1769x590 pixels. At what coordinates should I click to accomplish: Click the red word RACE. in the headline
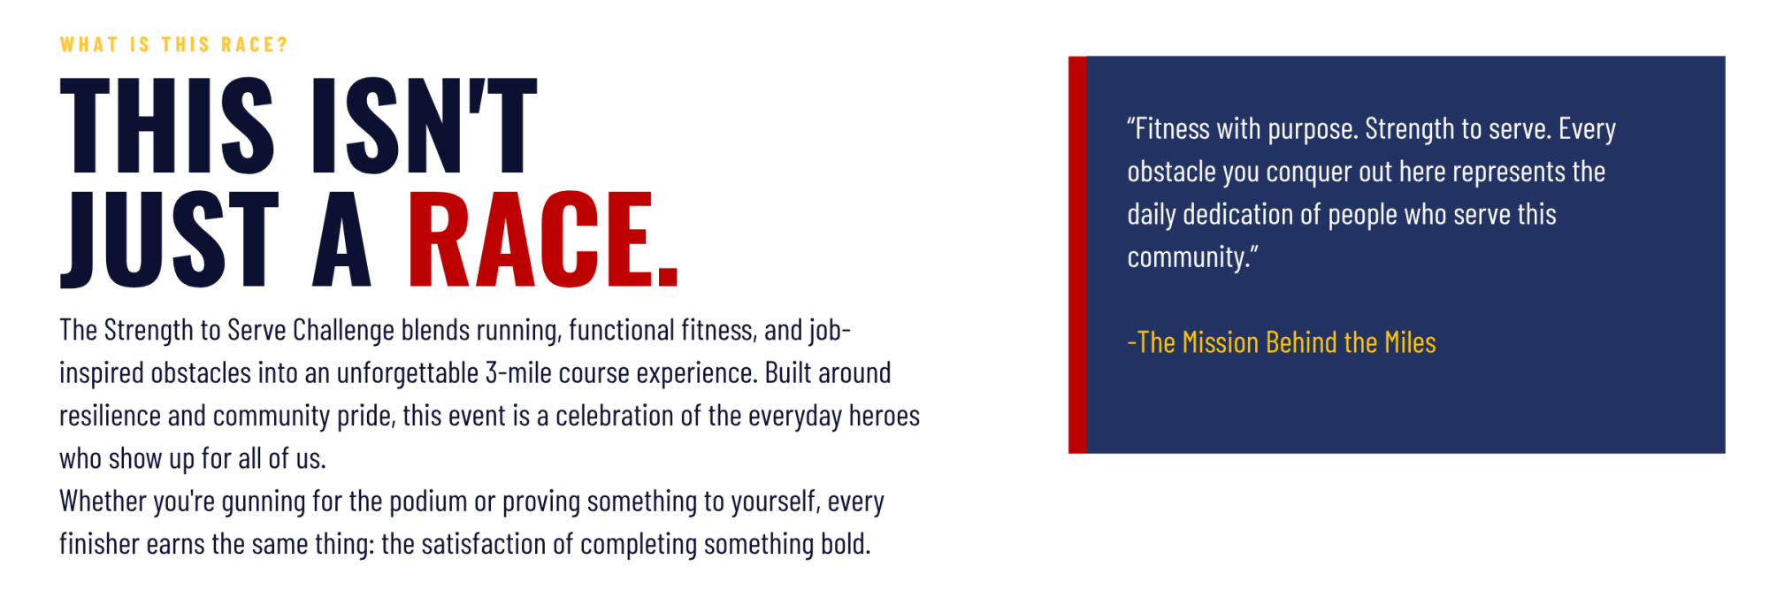point(542,240)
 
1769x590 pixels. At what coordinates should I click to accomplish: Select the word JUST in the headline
point(169,240)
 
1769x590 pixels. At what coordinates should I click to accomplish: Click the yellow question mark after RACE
point(282,45)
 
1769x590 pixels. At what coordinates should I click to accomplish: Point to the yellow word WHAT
point(89,45)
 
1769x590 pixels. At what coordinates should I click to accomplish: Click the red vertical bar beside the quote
point(1077,255)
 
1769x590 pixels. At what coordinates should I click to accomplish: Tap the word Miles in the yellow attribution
point(1410,342)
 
